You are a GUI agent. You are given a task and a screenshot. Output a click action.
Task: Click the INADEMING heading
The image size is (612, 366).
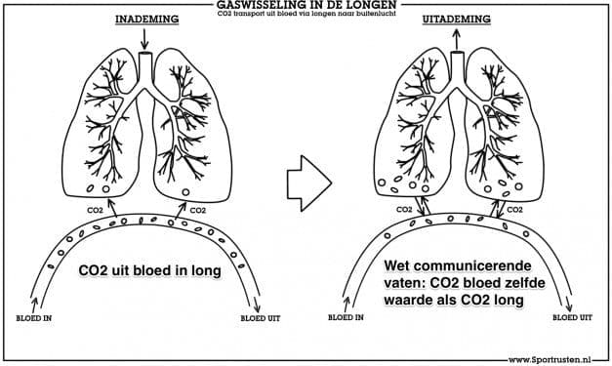click(x=147, y=20)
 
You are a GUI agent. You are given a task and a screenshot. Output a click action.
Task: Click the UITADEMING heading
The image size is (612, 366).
click(x=456, y=20)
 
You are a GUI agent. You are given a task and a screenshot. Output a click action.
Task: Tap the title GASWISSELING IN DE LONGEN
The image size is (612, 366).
click(x=306, y=5)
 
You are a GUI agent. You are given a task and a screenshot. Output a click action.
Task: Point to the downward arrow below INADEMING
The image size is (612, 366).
click(x=144, y=39)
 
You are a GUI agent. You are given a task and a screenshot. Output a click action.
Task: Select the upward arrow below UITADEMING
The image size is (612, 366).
click(x=456, y=39)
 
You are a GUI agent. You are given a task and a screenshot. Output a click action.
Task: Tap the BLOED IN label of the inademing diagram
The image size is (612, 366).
click(x=34, y=318)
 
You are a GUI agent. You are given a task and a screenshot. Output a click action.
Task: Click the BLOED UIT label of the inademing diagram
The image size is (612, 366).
click(x=261, y=318)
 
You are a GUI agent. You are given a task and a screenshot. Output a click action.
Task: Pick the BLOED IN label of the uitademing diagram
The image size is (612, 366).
click(x=346, y=317)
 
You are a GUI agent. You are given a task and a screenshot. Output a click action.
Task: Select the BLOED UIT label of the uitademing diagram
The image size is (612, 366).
click(x=572, y=317)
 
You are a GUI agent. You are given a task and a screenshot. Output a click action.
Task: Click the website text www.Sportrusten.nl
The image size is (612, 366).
click(x=550, y=360)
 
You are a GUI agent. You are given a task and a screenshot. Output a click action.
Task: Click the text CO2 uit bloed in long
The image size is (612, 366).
click(x=150, y=270)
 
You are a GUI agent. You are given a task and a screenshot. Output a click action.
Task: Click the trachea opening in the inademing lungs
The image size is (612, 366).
click(x=145, y=53)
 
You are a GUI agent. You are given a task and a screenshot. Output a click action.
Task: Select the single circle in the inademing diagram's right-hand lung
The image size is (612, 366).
click(x=185, y=192)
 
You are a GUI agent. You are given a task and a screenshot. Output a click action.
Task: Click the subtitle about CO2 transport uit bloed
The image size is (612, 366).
click(x=306, y=14)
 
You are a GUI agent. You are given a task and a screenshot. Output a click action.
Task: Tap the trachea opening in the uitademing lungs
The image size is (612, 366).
click(x=457, y=53)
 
